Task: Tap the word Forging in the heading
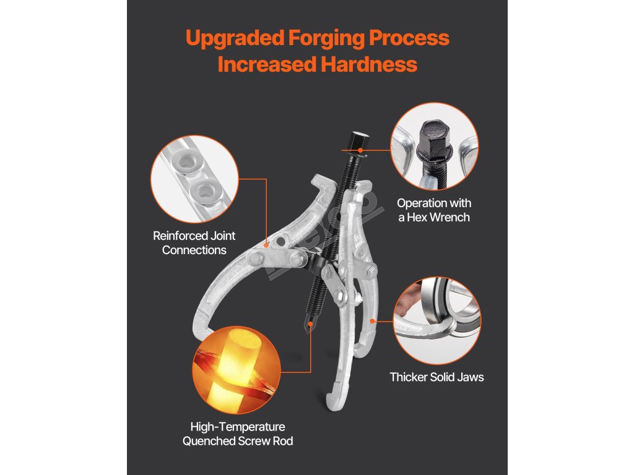(x=326, y=38)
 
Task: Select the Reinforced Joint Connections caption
(x=194, y=243)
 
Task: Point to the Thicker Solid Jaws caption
(x=436, y=377)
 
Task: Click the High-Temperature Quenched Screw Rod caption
(x=237, y=434)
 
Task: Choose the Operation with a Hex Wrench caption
(x=433, y=210)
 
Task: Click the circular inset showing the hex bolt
(x=435, y=147)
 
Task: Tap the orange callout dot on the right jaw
(x=373, y=321)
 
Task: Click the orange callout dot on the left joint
(x=267, y=246)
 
